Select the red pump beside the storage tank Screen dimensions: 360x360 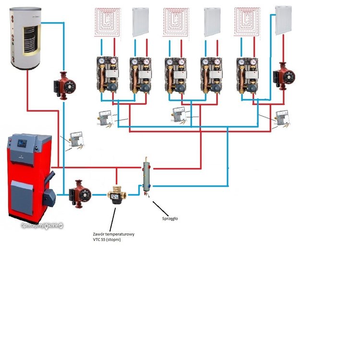pos(64,85)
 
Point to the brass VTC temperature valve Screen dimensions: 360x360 pos(115,195)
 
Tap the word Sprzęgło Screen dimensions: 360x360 pos(170,218)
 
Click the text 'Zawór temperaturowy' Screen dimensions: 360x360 pos(114,234)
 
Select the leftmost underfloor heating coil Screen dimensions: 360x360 pos(108,22)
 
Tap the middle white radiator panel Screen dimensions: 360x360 pos(212,22)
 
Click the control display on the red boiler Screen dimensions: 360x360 pos(24,143)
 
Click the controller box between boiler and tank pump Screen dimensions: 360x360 pos(76,140)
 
